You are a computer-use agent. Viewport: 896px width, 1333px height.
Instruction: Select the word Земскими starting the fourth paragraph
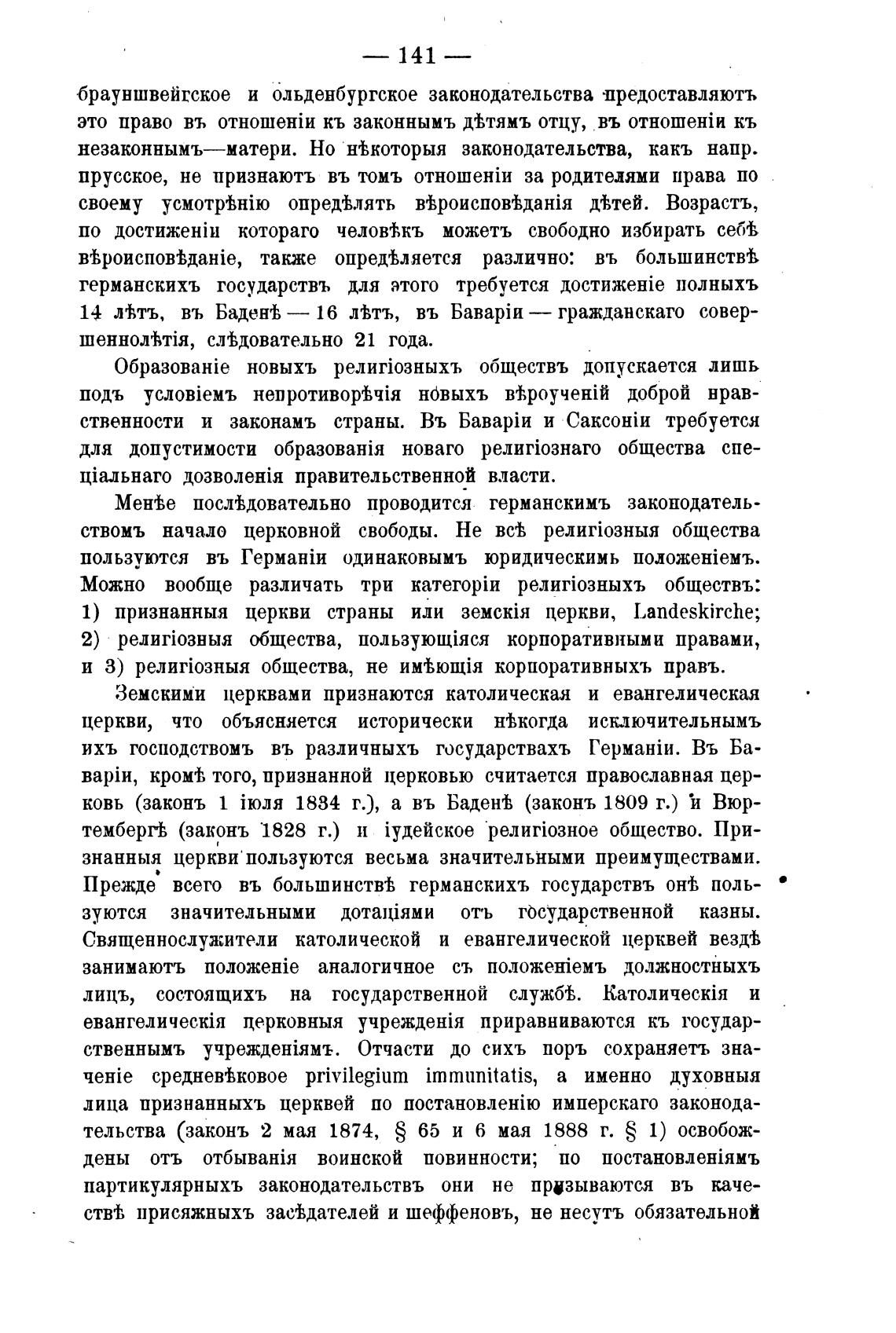[x=160, y=695]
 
